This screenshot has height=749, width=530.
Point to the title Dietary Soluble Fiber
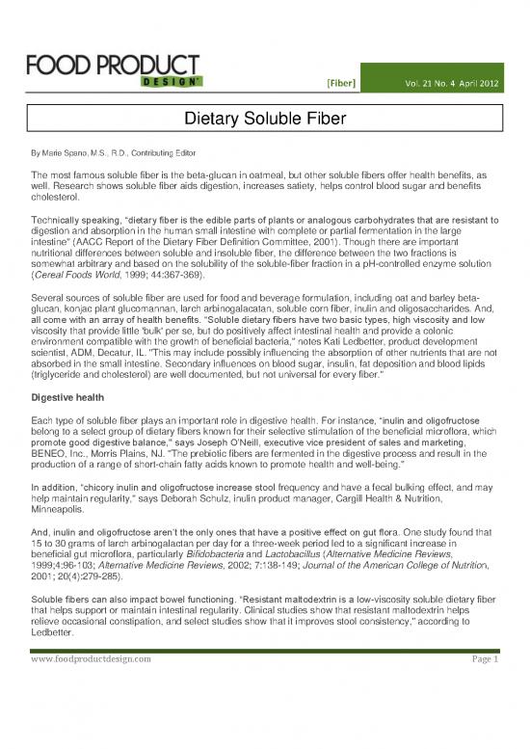click(265, 120)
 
